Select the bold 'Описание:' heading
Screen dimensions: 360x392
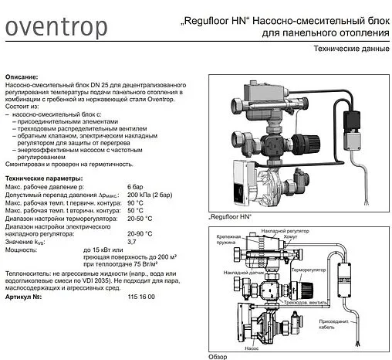tap(22, 79)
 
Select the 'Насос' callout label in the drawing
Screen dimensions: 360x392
tap(252, 348)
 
